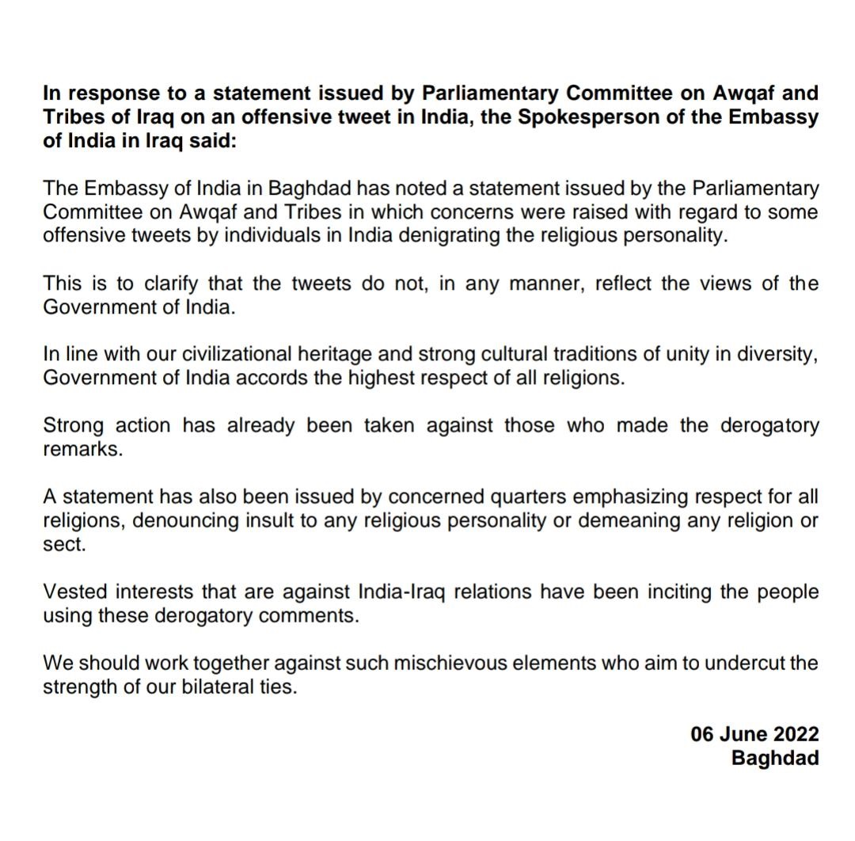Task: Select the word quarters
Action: pyautogui.click(x=523, y=497)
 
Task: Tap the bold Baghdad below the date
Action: pyautogui.click(x=775, y=757)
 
